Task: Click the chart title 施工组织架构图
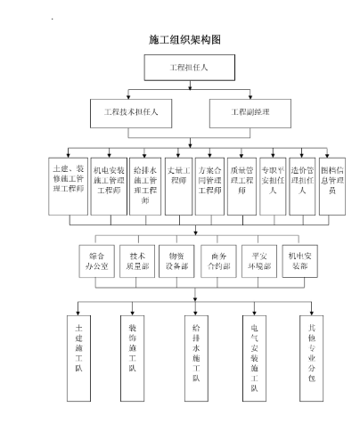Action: [x=184, y=40]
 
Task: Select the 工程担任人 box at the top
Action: [x=189, y=67]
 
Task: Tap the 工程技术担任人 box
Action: [x=131, y=112]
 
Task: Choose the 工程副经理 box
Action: [x=250, y=112]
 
